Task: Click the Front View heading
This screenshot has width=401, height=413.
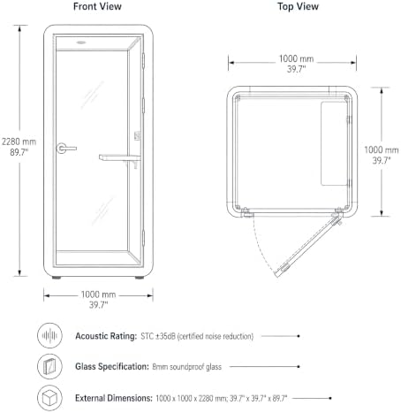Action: [x=97, y=6]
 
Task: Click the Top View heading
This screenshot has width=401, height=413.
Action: [x=298, y=6]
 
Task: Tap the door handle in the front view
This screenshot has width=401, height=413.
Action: [x=66, y=149]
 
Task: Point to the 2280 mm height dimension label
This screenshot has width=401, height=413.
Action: [x=19, y=141]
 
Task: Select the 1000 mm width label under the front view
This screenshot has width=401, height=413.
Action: [x=98, y=294]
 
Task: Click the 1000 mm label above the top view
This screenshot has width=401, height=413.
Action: [x=296, y=58]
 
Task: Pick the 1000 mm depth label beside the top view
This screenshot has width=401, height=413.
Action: [x=382, y=149]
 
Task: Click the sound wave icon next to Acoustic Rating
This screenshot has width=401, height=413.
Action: [x=49, y=335]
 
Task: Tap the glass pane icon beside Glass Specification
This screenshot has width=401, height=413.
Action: [x=49, y=366]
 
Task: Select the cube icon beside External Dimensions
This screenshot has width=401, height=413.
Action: [x=49, y=398]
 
